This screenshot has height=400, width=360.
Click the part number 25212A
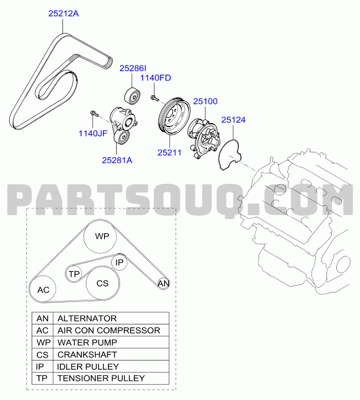coord(63,13)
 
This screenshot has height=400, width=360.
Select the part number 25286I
coord(133,68)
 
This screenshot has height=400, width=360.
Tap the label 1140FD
coord(155,78)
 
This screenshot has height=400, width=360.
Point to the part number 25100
coord(205,101)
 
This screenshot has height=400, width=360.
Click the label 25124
coord(233,120)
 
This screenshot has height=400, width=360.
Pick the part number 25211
coord(170,152)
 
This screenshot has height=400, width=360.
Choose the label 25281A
coord(117,160)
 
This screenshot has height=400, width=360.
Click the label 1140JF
coord(93,133)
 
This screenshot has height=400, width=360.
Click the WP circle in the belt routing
coord(100,237)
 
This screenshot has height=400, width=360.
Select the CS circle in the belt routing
coord(102,283)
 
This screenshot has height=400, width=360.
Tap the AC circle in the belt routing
coord(42,289)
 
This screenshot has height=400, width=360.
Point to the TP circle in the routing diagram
coord(74,273)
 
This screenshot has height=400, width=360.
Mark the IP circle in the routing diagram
coord(119,262)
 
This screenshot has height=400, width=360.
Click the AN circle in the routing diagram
coord(163,283)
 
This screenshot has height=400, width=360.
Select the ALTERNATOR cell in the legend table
coord(111,318)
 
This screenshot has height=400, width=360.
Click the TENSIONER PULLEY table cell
coord(111,379)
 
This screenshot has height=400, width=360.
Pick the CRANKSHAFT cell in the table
coord(111,354)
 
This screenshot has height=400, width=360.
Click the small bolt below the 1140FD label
coord(154,98)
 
